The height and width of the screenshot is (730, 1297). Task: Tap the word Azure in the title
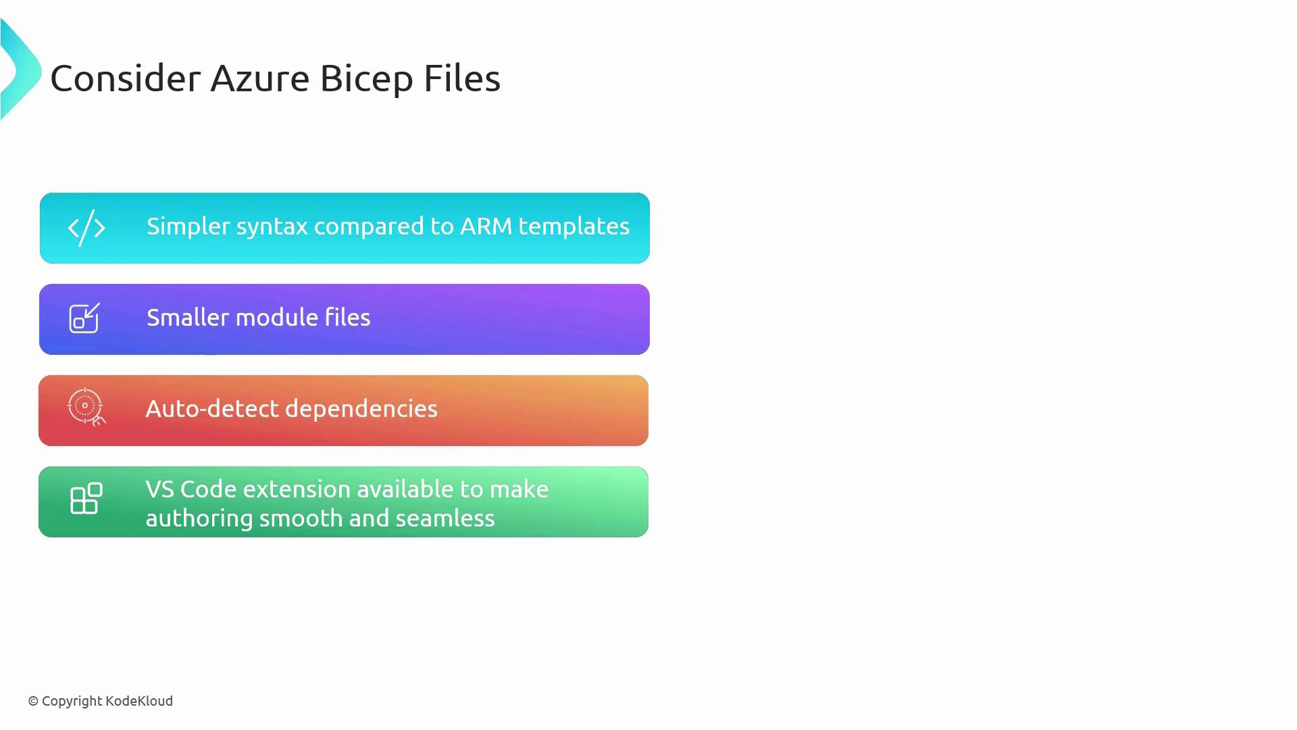click(260, 78)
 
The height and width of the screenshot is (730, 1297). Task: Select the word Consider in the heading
click(126, 78)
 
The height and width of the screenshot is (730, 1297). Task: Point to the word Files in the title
click(462, 78)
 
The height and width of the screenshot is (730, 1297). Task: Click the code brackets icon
click(86, 228)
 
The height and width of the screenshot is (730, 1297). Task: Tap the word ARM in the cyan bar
click(486, 226)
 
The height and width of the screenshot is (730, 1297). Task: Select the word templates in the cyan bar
click(574, 227)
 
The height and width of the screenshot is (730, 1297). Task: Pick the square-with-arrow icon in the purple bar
click(84, 318)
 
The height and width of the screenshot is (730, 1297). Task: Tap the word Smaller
click(188, 317)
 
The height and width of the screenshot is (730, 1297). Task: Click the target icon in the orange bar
click(86, 407)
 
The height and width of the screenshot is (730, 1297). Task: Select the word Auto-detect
click(211, 409)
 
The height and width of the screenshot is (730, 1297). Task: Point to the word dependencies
click(361, 410)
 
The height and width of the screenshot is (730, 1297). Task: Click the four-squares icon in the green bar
click(86, 499)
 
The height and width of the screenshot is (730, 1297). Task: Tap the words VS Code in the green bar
click(191, 489)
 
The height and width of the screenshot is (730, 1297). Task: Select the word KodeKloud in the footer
click(139, 701)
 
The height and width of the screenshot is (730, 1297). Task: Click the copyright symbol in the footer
click(33, 702)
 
